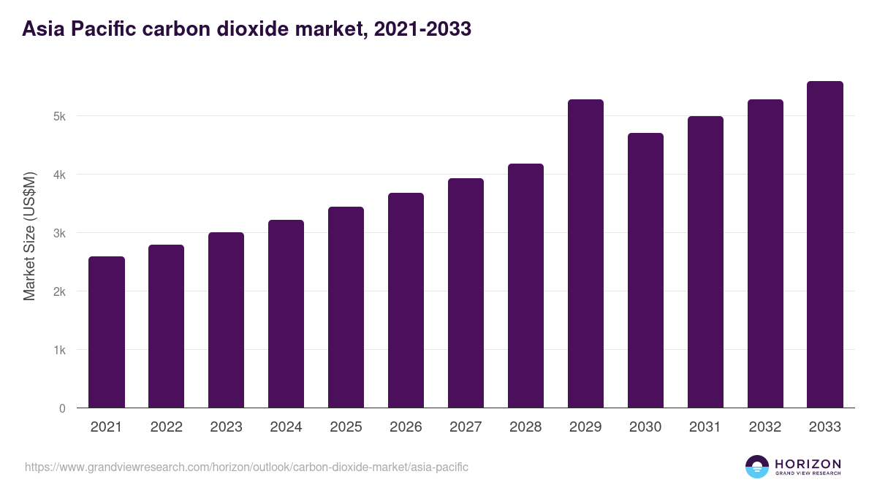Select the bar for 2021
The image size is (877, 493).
pyautogui.click(x=107, y=332)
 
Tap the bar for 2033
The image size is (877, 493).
pyautogui.click(x=825, y=245)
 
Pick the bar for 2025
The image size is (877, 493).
pyautogui.click(x=346, y=307)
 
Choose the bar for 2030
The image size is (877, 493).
pyautogui.click(x=645, y=270)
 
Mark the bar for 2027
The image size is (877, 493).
pyautogui.click(x=466, y=293)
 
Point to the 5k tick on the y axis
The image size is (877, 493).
pyautogui.click(x=60, y=116)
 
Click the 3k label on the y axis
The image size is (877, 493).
pyautogui.click(x=60, y=233)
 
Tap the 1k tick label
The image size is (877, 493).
pyautogui.click(x=60, y=350)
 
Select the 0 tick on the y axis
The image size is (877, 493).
pyautogui.click(x=62, y=408)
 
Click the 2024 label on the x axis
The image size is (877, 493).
pyautogui.click(x=286, y=427)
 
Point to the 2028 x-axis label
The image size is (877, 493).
pyautogui.click(x=525, y=427)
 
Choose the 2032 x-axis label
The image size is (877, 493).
pyautogui.click(x=765, y=427)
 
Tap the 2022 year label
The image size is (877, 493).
pyautogui.click(x=166, y=427)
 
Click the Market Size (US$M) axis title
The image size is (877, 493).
pyautogui.click(x=29, y=236)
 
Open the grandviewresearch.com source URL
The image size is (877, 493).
pyautogui.click(x=246, y=467)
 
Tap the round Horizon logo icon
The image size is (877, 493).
pyautogui.click(x=757, y=467)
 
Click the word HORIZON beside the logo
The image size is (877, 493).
pyautogui.click(x=808, y=463)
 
